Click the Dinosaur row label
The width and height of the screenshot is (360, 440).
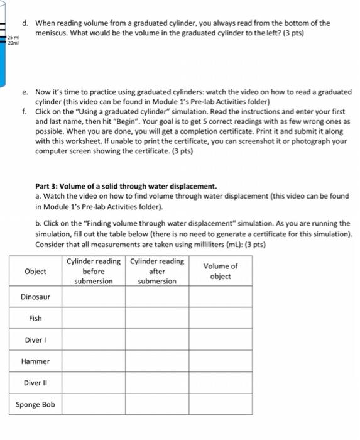coord(35,297)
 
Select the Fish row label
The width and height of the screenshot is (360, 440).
coord(35,318)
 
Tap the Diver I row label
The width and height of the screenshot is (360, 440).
coord(35,340)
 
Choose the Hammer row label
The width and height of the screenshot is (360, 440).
coord(35,361)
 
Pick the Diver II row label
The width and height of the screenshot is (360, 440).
coord(35,383)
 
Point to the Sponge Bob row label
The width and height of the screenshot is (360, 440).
coord(35,404)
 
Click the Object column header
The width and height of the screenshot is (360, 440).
coord(35,271)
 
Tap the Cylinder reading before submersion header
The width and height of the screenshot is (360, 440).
coord(93,271)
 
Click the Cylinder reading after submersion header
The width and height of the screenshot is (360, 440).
coord(157,271)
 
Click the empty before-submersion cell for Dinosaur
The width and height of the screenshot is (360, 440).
coord(93,297)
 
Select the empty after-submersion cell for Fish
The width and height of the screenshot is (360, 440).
coord(157,318)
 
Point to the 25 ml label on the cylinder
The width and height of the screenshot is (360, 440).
coord(13,38)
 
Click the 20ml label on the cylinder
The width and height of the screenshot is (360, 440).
coord(13,43)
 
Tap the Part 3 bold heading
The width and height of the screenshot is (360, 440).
coord(126,186)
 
